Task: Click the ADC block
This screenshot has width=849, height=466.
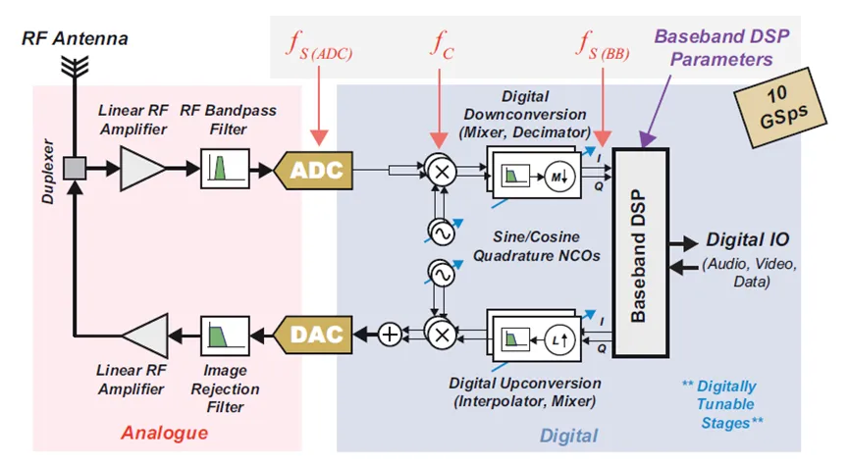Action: (317, 170)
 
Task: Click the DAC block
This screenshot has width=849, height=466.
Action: (316, 335)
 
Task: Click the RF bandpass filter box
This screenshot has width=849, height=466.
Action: (225, 169)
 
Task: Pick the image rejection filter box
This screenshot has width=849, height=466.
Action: (225, 335)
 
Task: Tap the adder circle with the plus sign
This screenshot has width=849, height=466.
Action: (390, 335)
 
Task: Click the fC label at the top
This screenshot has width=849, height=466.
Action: (441, 44)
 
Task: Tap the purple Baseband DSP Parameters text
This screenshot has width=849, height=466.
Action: (721, 47)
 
